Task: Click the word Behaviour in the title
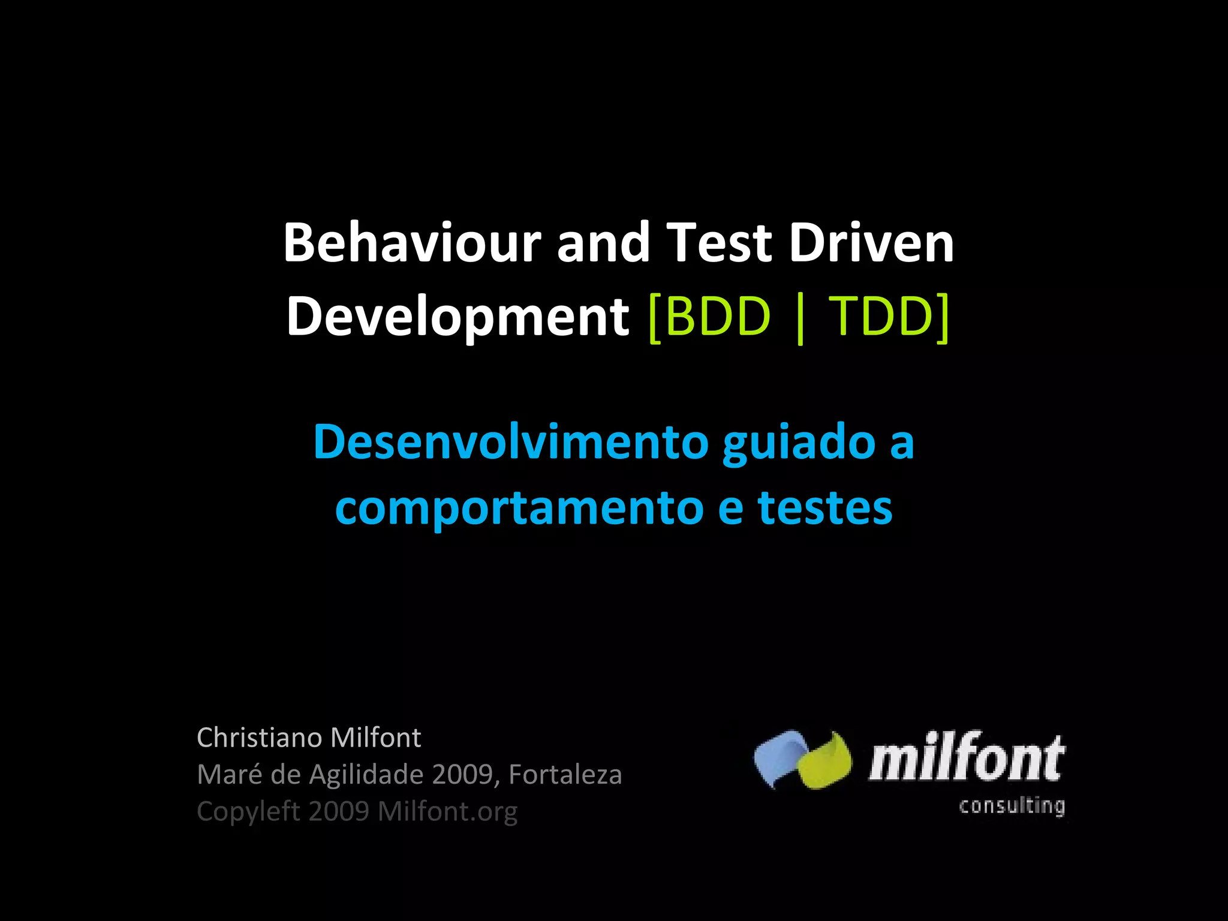412,243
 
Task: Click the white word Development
458,317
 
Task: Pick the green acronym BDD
717,316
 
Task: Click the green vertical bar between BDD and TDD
800,318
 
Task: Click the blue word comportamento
519,508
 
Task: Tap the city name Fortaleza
565,774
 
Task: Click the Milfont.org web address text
447,812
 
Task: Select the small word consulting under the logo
1012,805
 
